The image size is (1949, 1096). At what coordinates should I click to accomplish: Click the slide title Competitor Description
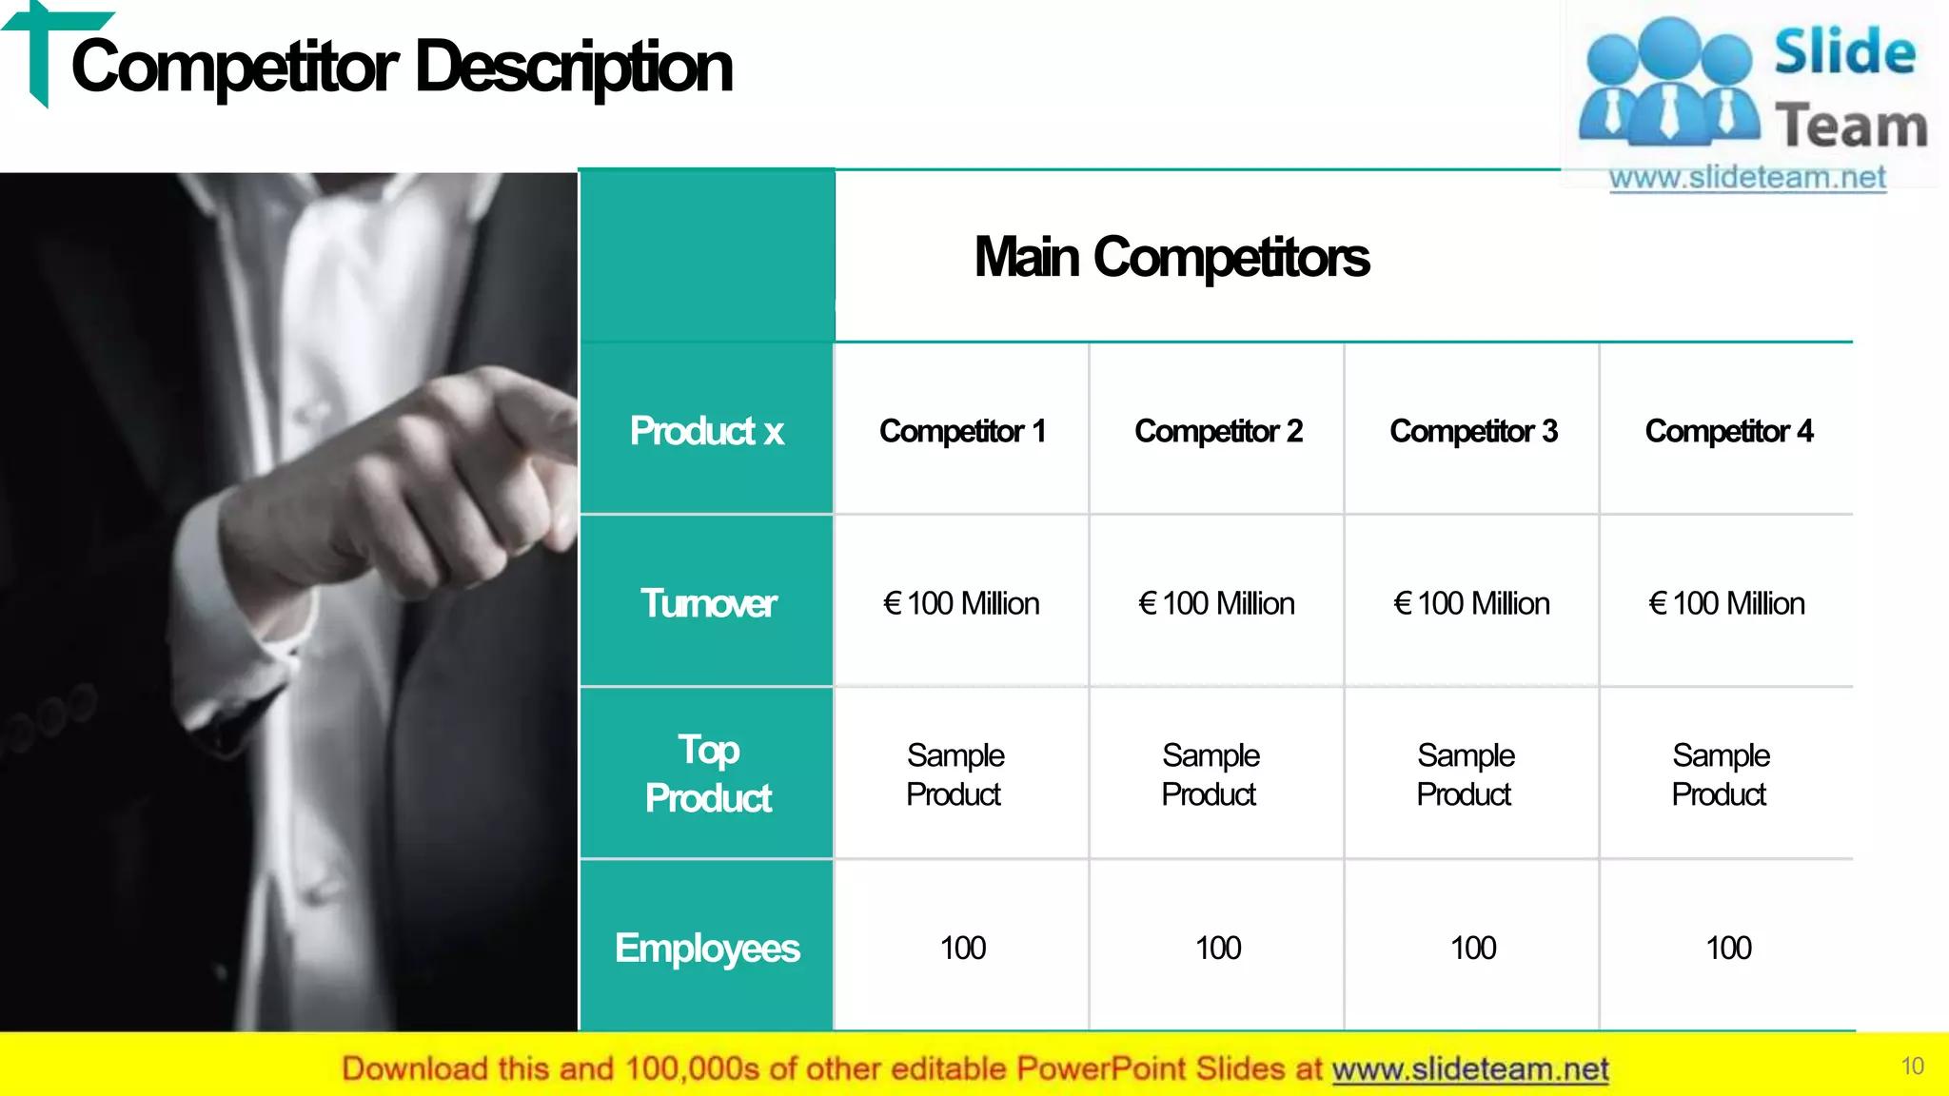click(x=402, y=68)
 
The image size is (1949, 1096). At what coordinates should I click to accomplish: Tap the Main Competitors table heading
click(x=1171, y=258)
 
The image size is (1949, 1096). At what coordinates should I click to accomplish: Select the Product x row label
click(x=707, y=431)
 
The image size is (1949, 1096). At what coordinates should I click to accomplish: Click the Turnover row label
click(x=708, y=603)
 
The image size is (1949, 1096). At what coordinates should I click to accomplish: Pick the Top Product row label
click(x=708, y=773)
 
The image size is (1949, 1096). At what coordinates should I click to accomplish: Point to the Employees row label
click(x=707, y=948)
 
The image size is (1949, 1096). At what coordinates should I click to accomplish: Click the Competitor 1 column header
click(x=962, y=431)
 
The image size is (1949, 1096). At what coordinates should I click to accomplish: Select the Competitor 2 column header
click(x=1218, y=431)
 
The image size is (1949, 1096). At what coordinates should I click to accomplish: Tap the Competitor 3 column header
click(x=1473, y=431)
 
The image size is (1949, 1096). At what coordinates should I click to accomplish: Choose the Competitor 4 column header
click(x=1728, y=431)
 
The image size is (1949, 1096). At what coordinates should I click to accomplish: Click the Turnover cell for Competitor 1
click(x=961, y=603)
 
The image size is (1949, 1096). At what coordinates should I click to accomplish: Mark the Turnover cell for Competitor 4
click(x=1726, y=603)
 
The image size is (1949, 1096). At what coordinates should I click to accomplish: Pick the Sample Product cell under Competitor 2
click(x=1211, y=774)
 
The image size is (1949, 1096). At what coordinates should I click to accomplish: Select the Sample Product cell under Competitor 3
click(x=1466, y=774)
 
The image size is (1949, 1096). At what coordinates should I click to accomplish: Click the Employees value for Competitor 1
click(x=963, y=948)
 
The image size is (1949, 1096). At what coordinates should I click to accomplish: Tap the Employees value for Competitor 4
click(x=1728, y=948)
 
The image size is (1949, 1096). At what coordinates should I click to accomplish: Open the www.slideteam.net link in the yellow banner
click(x=1470, y=1069)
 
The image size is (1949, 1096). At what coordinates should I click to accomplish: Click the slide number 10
click(x=1912, y=1067)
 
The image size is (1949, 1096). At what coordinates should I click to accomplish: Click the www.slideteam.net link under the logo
click(x=1747, y=178)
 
